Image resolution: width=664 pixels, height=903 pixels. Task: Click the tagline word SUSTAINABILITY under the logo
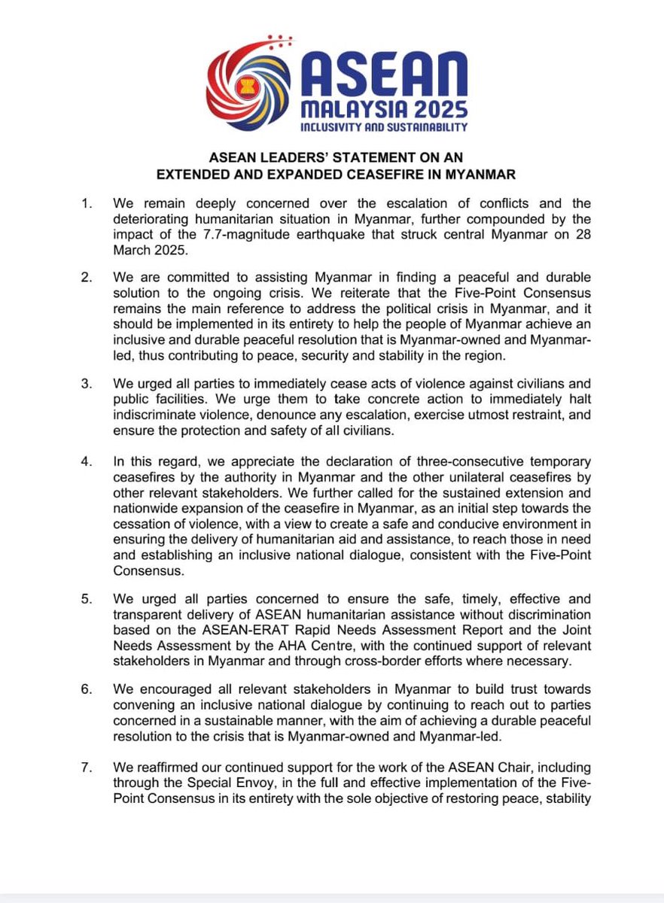[422, 127]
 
